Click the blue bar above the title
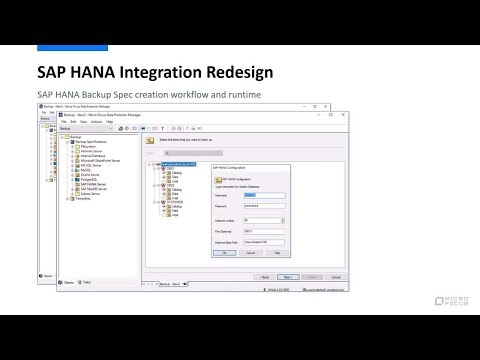(72, 47)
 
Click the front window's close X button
(344, 115)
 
